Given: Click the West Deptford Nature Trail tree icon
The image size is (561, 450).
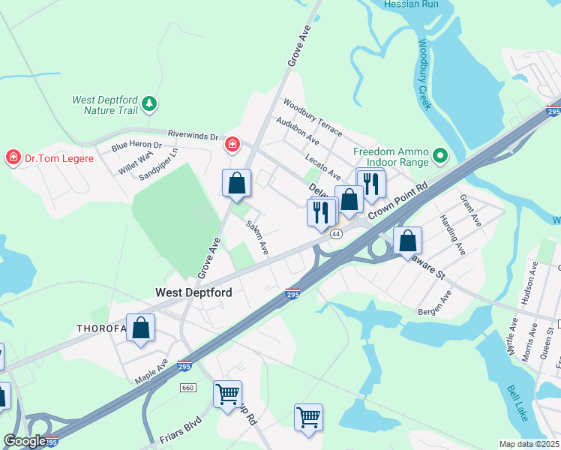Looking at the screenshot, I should point(150,102).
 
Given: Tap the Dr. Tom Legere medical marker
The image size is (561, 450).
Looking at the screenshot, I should point(13,157).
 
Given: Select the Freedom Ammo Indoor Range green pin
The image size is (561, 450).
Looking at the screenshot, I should point(440,156).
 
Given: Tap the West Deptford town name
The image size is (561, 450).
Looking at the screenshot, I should point(193,292).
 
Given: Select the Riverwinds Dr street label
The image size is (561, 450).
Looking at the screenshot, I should point(192,136).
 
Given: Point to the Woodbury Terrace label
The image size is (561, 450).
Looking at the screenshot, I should point(312,118).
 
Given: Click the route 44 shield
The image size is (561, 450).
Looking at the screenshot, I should point(336,234).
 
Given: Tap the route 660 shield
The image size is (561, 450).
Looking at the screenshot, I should point(187,387).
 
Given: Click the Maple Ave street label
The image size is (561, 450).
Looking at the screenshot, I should point(151,368).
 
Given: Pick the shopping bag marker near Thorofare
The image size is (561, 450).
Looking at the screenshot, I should point(140,328).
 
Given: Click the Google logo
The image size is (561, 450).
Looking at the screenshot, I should point(24,441).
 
